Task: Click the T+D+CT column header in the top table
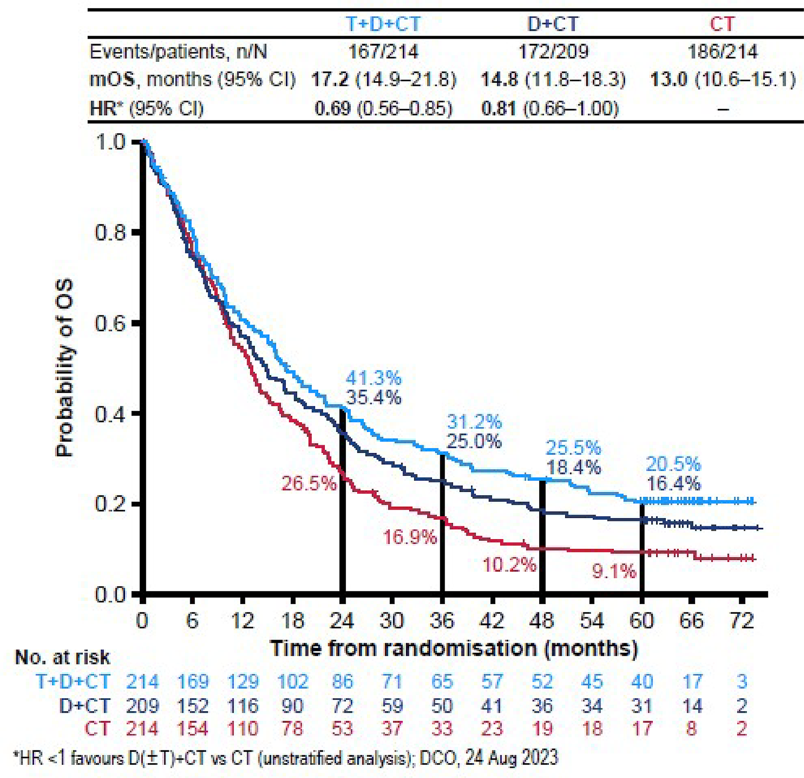click(x=383, y=24)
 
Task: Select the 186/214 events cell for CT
click(x=723, y=52)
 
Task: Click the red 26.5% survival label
click(x=309, y=484)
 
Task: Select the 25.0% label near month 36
click(x=474, y=442)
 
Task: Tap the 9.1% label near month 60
click(x=614, y=571)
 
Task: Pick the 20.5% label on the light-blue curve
click(x=673, y=464)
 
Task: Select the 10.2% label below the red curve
click(x=509, y=566)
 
